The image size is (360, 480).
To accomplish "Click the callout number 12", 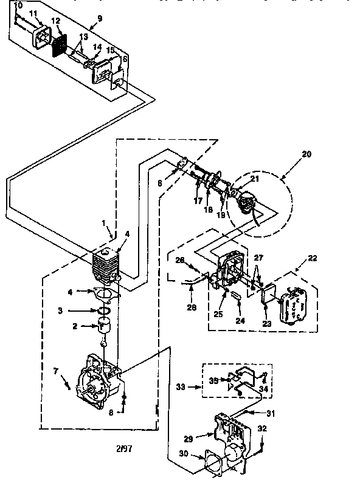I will (56, 21).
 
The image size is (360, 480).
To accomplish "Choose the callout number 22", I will (314, 259).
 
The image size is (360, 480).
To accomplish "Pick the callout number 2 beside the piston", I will (75, 326).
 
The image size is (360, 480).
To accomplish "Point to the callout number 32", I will (262, 428).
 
